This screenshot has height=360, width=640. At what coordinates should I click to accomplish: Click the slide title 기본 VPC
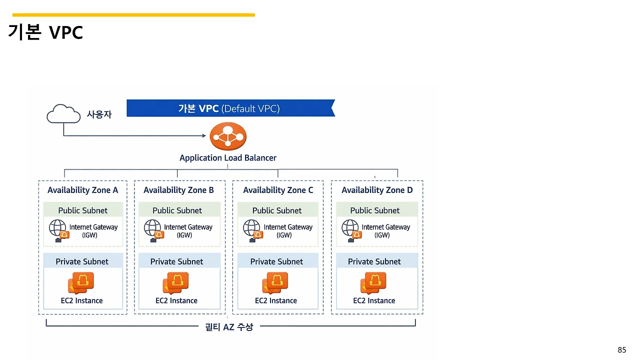pyautogui.click(x=45, y=32)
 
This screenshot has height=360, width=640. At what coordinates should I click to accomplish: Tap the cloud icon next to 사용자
pyautogui.click(x=63, y=114)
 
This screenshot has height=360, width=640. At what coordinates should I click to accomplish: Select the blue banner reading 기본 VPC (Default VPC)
pyautogui.click(x=230, y=108)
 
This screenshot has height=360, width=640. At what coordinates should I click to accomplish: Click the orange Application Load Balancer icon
pyautogui.click(x=228, y=135)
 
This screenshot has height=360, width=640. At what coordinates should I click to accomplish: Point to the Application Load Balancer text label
pyautogui.click(x=228, y=158)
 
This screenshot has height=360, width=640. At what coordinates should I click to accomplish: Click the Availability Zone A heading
pyautogui.click(x=83, y=190)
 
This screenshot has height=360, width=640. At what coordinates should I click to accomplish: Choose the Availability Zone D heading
pyautogui.click(x=377, y=190)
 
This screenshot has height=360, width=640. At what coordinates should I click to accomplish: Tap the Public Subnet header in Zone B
pyautogui.click(x=177, y=210)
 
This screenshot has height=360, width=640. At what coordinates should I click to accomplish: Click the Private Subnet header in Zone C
pyautogui.click(x=276, y=261)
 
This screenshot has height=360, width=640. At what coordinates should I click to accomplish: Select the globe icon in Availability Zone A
pyautogui.click(x=57, y=228)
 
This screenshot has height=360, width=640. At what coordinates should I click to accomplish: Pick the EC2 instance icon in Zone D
pyautogui.click(x=373, y=283)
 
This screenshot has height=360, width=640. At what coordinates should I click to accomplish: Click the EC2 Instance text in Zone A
pyautogui.click(x=81, y=300)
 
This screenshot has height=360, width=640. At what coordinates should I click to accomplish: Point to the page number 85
pyautogui.click(x=621, y=350)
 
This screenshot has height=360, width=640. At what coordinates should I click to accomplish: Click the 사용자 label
pyautogui.click(x=99, y=114)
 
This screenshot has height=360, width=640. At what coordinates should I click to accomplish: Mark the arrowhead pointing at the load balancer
pyautogui.click(x=204, y=135)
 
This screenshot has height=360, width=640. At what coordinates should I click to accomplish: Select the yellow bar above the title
pyautogui.click(x=133, y=15)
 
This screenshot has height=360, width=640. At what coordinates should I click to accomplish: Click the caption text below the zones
pyautogui.click(x=229, y=327)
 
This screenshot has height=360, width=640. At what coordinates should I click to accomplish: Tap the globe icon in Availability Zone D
pyautogui.click(x=350, y=228)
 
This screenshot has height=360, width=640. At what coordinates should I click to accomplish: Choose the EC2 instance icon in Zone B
pyautogui.click(x=175, y=283)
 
